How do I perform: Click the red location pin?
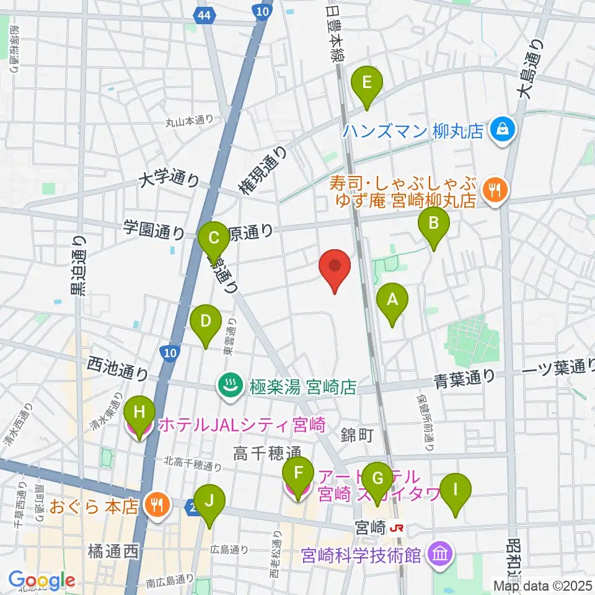335,268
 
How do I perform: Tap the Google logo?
42,580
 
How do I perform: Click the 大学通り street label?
169,180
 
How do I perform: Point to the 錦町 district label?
357,436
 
